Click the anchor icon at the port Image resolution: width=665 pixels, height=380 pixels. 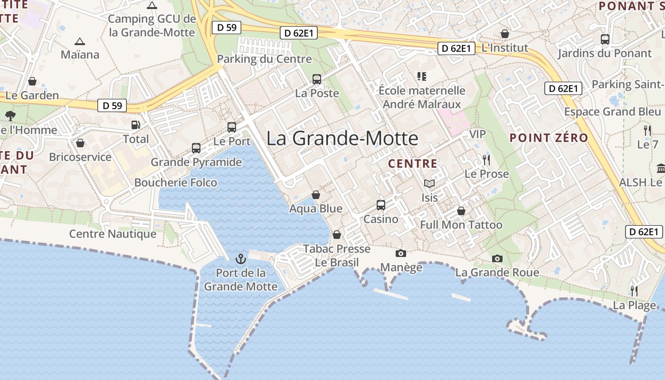coord(241,259)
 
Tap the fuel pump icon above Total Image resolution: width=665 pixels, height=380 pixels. coord(136,125)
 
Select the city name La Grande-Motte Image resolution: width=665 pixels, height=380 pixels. coord(342,138)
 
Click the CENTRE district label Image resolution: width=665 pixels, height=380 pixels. coord(412,164)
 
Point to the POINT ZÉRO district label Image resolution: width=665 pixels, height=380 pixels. coord(549,138)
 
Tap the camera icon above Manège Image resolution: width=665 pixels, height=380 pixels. coord(401,253)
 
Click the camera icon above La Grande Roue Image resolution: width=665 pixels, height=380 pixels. coord(497,258)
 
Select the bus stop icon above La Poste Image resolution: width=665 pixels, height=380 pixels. coord(317,79)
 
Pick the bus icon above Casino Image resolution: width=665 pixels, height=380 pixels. coord(381,205)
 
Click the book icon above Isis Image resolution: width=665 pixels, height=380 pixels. coord(429,183)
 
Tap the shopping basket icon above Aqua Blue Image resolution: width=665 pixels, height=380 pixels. coord(316,195)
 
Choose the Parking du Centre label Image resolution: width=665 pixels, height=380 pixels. coord(265,59)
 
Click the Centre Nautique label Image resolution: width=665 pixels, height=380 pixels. coord(113,234)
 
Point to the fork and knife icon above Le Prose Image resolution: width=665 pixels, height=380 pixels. coord(486,160)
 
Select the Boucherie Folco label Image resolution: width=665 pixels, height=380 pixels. coord(176,182)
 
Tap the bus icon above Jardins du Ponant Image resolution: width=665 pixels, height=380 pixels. coord(605,39)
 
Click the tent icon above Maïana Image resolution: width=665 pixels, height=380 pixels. coord(80,41)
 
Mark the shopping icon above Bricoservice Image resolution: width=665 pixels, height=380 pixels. coord(80,143)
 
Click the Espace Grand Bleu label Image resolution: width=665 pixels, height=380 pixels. coord(612,112)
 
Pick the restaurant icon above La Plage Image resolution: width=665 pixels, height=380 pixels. coord(634,291)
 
